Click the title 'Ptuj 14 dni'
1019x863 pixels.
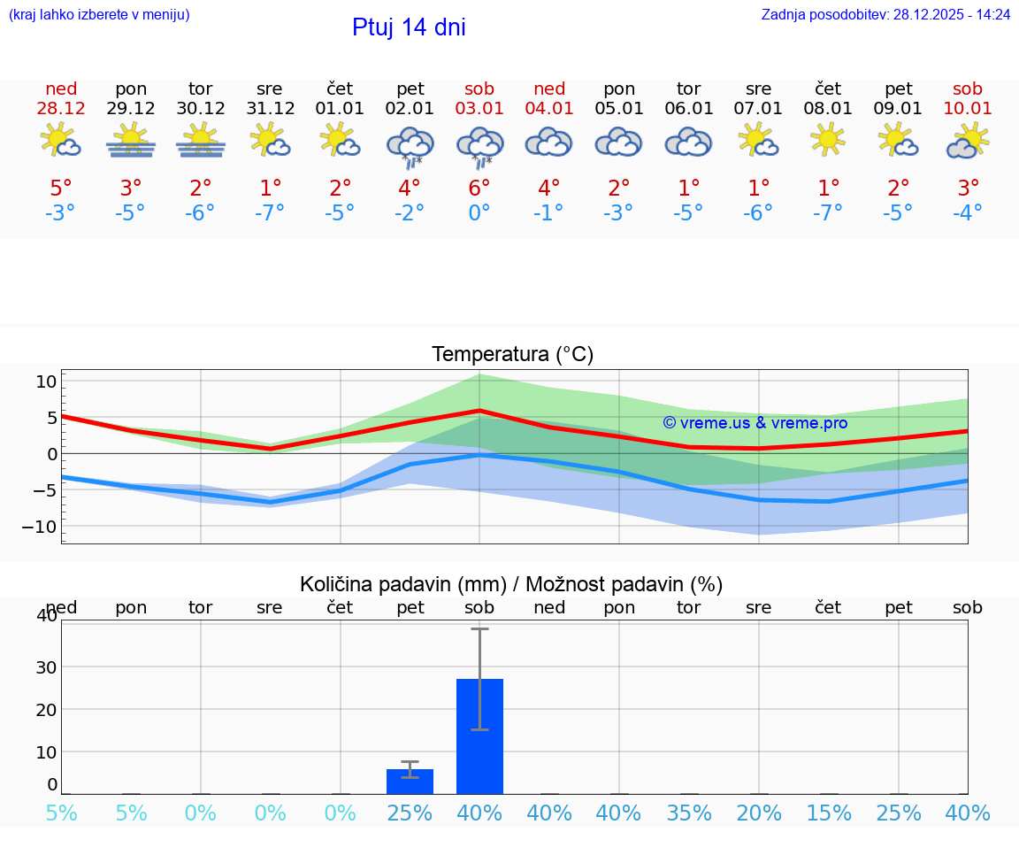(x=409, y=27)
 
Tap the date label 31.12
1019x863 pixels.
(x=270, y=109)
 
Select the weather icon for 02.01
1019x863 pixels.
(x=410, y=145)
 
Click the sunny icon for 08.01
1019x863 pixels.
(x=828, y=140)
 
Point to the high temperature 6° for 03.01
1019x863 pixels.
(x=479, y=189)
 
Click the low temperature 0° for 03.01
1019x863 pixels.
(x=479, y=213)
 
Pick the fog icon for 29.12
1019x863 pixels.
(x=131, y=142)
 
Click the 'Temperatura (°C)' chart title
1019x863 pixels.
(x=512, y=355)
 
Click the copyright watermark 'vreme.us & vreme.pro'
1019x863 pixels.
(x=755, y=423)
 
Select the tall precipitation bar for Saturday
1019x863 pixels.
(x=479, y=736)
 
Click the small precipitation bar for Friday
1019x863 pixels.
(x=410, y=782)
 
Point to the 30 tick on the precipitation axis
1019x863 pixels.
(x=46, y=667)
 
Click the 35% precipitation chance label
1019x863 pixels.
(x=688, y=813)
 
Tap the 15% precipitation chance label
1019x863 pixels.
(x=828, y=813)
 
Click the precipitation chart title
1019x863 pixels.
(x=511, y=584)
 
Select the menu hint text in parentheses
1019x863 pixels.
(x=99, y=14)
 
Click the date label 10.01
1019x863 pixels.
(x=968, y=109)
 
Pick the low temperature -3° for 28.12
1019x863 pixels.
(x=61, y=213)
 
